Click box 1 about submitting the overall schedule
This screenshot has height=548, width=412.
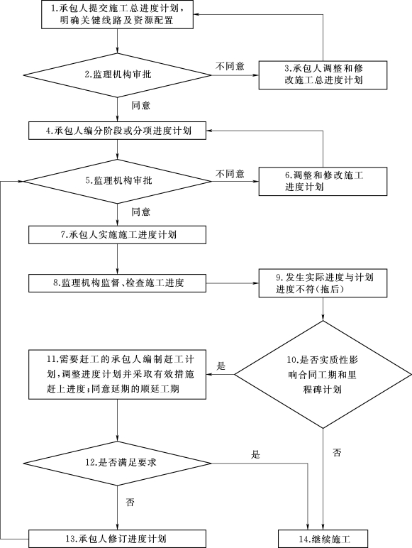(117, 14)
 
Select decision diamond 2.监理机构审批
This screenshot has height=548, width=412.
(117, 75)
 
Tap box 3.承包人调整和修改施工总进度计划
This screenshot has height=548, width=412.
(323, 75)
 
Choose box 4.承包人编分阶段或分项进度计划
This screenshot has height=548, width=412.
(117, 131)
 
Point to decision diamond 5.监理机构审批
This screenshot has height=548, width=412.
(117, 182)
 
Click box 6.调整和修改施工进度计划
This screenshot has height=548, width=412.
(323, 182)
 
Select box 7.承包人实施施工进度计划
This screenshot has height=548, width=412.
(117, 235)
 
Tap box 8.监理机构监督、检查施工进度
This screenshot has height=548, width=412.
(117, 283)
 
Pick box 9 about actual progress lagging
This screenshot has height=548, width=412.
(323, 283)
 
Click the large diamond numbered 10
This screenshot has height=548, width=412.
(323, 375)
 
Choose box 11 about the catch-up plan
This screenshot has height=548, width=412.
(117, 374)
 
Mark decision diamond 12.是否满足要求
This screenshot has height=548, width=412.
(117, 464)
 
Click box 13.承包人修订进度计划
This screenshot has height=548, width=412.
(117, 539)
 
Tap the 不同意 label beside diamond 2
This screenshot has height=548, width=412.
(230, 66)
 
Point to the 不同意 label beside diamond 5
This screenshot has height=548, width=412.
(230, 174)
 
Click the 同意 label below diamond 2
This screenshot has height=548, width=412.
(140, 105)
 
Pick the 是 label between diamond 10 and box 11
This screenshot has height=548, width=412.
(221, 366)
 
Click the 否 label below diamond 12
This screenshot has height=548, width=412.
(130, 503)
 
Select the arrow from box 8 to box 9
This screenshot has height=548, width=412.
(232, 283)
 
